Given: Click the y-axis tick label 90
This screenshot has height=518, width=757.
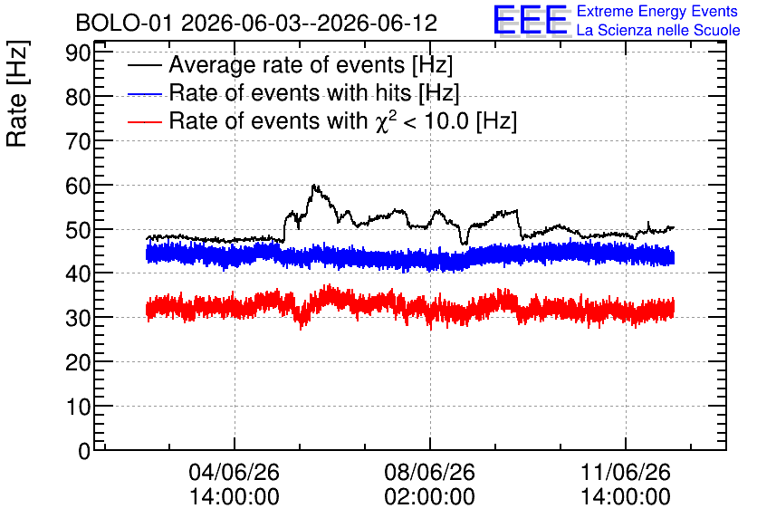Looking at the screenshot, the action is tap(78, 53).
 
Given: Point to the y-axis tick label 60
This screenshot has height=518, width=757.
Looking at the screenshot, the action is tap(78, 186).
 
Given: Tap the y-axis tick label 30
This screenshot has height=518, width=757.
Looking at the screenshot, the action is tap(78, 318).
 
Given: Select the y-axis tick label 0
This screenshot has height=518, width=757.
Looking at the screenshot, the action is tap(84, 451).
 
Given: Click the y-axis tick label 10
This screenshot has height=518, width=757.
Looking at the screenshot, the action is tap(78, 407).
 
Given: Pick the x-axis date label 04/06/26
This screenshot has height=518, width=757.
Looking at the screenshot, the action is tap(235, 472).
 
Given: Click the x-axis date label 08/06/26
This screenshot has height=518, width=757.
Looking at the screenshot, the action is tap(430, 472).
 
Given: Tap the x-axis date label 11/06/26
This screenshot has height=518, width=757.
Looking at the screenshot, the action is tap(625, 472).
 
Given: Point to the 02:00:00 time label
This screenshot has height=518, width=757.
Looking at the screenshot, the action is tap(430, 497).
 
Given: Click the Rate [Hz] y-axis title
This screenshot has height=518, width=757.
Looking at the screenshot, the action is tap(17, 93).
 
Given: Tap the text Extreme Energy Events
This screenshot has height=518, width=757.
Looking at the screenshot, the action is tap(657, 11).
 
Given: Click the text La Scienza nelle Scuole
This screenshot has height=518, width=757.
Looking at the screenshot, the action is tap(658, 31).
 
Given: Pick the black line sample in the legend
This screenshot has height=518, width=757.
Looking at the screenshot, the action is tap(145, 65).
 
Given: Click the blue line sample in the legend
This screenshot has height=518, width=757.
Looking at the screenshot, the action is tap(145, 93).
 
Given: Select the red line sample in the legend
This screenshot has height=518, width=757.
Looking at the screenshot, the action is tap(145, 121).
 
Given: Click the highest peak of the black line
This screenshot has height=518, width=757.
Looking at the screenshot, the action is tap(314, 185).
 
